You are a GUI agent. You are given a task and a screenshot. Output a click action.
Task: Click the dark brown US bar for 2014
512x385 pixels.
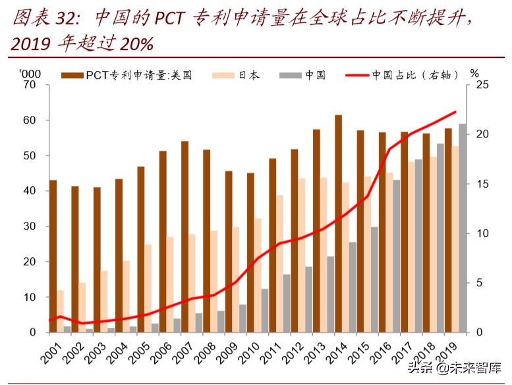338,224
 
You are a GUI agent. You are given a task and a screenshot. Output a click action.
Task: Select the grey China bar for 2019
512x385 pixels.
463,228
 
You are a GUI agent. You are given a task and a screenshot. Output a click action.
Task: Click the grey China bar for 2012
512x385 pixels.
308,299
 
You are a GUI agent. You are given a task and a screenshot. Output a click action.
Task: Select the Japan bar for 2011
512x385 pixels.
279,263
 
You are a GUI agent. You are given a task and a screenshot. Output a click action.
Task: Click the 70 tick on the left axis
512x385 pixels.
28,85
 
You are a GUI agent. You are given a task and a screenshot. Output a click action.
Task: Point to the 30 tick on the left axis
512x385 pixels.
28,226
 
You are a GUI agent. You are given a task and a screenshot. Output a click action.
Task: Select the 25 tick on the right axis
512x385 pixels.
482,85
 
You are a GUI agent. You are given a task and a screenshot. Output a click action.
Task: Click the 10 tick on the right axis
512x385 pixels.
482,234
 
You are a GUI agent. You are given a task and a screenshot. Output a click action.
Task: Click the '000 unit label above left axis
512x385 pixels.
30,73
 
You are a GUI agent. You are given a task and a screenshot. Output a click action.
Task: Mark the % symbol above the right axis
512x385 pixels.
474,73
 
